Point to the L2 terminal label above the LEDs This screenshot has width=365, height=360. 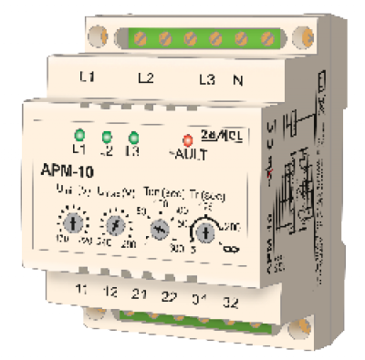[144, 77]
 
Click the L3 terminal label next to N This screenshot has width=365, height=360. [206, 80]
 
